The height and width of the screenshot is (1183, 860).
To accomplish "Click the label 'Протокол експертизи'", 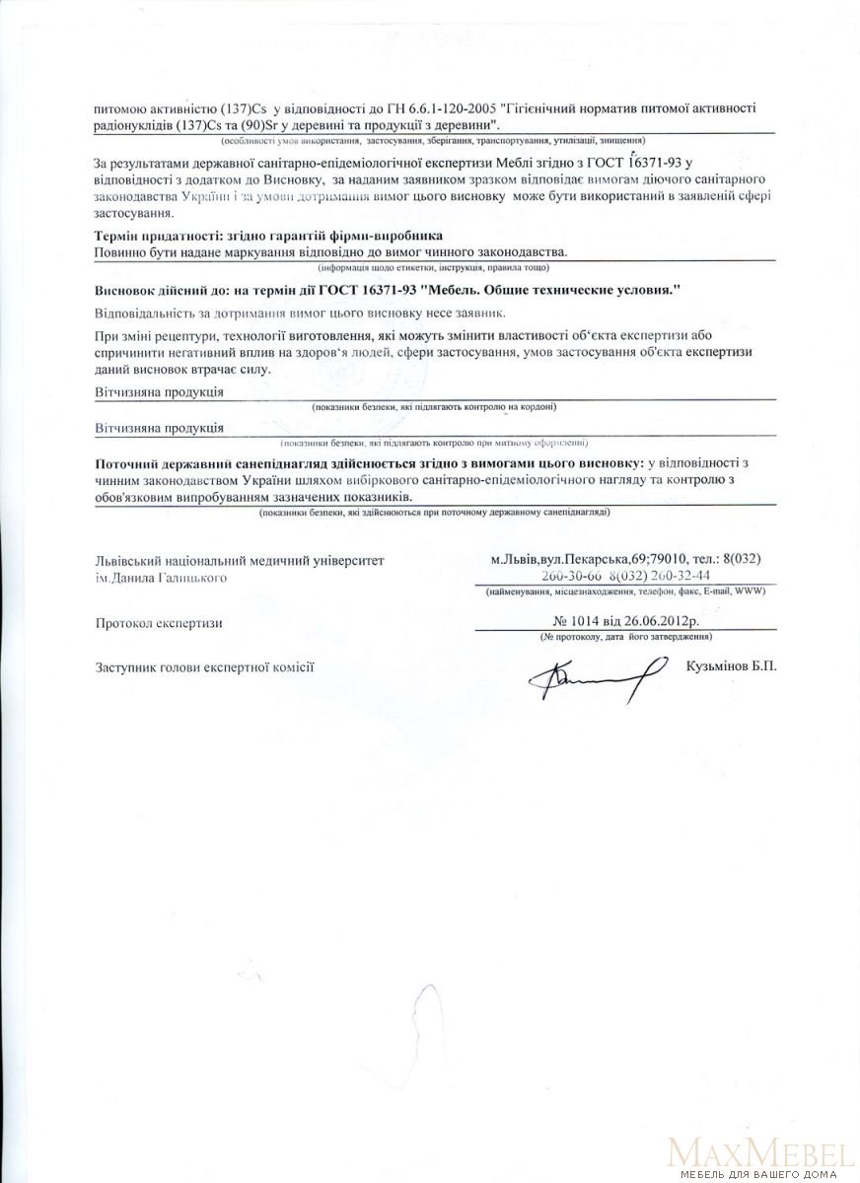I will [158, 623].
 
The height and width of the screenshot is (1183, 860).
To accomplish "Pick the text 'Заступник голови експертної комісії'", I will [204, 666].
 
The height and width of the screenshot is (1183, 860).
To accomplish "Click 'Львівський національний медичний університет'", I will [233, 559].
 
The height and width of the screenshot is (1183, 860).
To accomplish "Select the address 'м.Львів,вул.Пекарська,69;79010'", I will [595, 559].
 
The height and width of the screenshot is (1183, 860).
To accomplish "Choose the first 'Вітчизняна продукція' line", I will [158, 391].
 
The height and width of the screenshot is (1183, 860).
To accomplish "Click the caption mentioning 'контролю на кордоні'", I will [434, 406].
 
